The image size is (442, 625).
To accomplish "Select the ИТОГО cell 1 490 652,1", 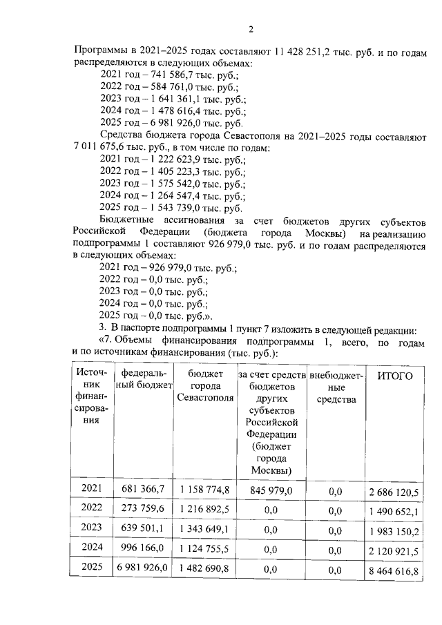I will tap(395, 511).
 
